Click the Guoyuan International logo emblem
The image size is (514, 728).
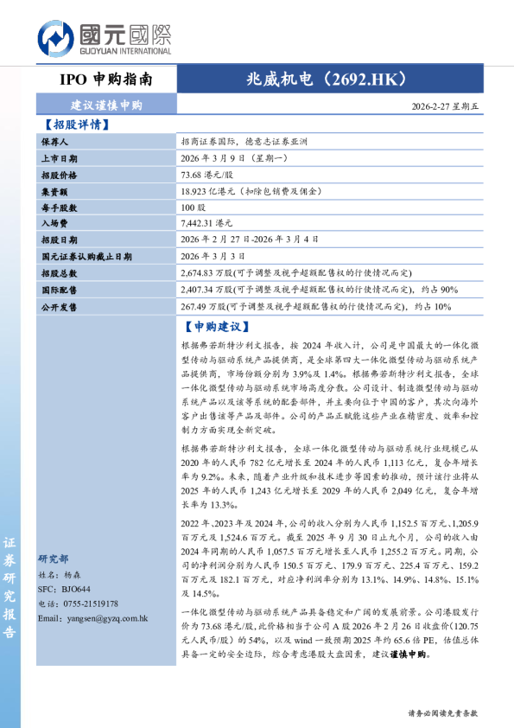click(56, 40)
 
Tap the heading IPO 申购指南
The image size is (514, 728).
click(106, 80)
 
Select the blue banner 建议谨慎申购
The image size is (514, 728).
click(106, 105)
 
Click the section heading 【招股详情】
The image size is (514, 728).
click(76, 125)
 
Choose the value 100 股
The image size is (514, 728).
click(194, 208)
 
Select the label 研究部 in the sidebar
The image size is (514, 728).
click(54, 559)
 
